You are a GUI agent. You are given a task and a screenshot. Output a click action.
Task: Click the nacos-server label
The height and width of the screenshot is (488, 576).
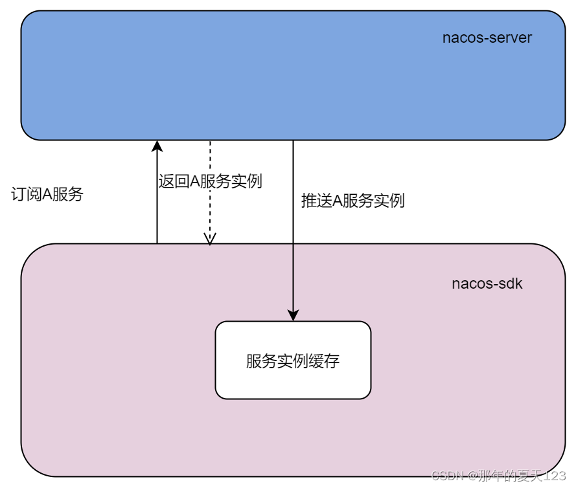[x=487, y=38]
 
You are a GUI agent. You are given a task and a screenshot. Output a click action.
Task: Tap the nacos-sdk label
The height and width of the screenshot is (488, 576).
[x=487, y=283]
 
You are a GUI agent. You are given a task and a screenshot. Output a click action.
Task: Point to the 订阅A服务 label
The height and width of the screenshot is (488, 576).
[x=48, y=194]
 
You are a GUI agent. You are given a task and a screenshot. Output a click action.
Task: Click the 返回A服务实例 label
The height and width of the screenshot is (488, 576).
[x=210, y=181]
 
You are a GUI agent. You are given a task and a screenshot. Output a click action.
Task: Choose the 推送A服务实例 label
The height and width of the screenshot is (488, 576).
[x=352, y=201]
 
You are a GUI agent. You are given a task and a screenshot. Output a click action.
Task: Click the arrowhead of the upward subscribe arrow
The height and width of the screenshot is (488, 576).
[x=157, y=146]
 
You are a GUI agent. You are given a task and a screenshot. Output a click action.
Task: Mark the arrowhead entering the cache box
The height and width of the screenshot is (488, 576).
[x=293, y=315]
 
